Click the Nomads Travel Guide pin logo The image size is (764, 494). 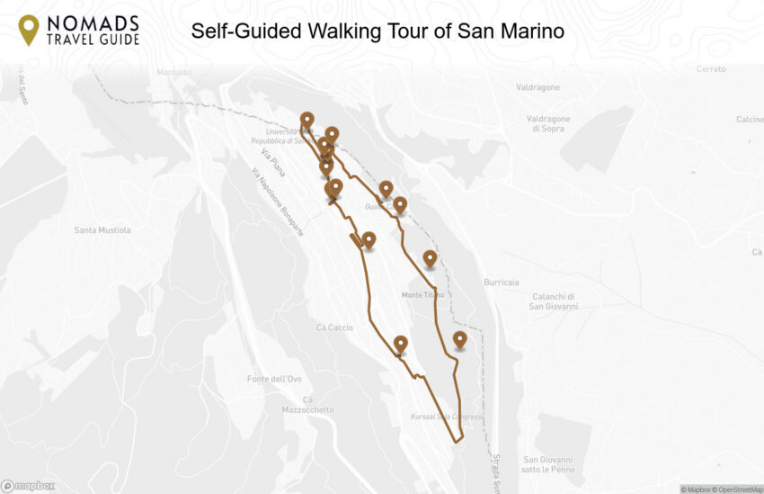(29, 31)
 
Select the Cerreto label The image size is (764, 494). (710, 69)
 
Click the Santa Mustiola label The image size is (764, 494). (102, 230)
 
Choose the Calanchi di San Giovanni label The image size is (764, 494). (553, 301)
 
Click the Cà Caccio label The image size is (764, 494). (334, 328)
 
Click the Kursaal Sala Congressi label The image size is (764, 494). (447, 418)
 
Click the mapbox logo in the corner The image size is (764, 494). (28, 486)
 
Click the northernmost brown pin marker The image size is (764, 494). (307, 120)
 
